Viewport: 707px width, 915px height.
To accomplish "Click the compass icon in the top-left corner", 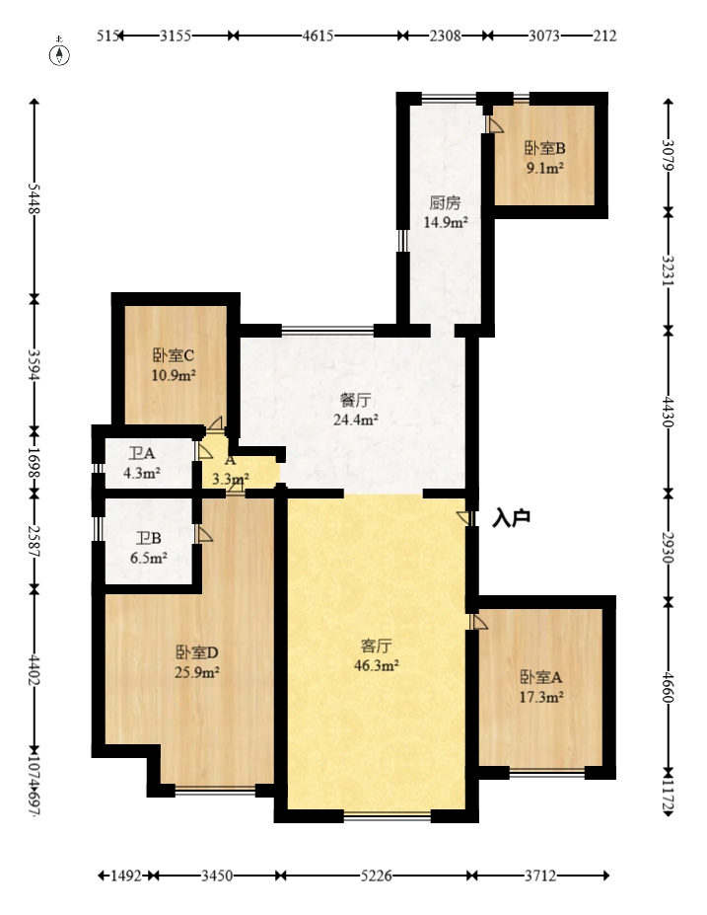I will tap(61, 52).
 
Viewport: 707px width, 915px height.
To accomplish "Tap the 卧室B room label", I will tap(544, 149).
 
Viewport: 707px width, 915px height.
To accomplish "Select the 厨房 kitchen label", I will tap(445, 203).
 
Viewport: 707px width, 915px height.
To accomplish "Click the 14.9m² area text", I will tap(445, 222).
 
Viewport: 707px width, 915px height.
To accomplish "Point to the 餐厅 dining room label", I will tap(355, 400).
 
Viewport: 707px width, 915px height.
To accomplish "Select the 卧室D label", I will tap(196, 652).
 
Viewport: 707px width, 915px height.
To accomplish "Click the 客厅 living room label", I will tap(376, 647).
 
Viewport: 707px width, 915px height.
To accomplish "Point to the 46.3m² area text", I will tap(376, 666).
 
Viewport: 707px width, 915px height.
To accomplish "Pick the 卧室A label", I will tap(541, 677).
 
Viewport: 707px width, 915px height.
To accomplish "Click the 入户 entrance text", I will tap(512, 517).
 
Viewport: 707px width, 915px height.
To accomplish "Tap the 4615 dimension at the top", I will tap(318, 37).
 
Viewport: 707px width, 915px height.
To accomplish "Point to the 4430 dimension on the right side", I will tap(669, 410).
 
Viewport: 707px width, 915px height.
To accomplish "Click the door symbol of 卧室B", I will tap(495, 125).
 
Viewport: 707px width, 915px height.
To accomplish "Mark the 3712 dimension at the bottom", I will tap(541, 876).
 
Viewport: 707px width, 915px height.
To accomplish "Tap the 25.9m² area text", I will tap(196, 672).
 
